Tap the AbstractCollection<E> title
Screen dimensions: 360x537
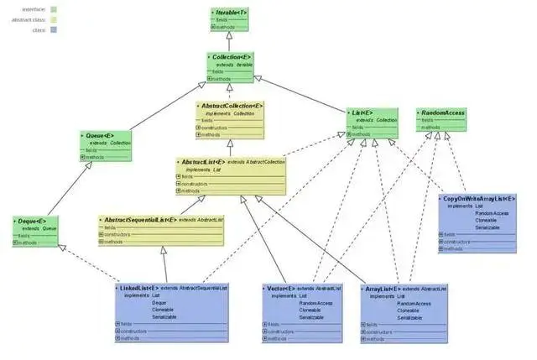232,107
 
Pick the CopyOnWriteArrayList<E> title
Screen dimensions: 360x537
481,199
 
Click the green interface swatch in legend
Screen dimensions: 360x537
53,8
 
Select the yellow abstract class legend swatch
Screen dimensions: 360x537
53,18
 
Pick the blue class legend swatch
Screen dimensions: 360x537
53,29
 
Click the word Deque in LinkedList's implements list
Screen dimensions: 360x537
159,303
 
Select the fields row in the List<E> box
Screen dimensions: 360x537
361,127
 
